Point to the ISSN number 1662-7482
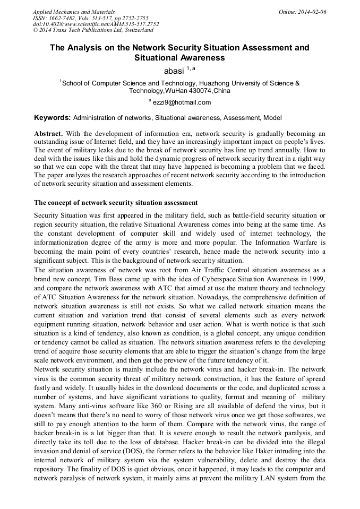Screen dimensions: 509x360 pyautogui.click(x=63, y=18)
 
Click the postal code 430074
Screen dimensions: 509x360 pyautogui.click(x=193, y=91)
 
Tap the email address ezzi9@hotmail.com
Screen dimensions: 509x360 pyautogui.click(x=182, y=102)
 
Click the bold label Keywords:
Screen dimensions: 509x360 pyautogui.click(x=52, y=117)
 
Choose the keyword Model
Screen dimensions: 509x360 pyautogui.click(x=271, y=117)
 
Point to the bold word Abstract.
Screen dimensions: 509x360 pyautogui.click(x=48, y=133)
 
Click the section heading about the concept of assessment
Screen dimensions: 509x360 pyautogui.click(x=116, y=203)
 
